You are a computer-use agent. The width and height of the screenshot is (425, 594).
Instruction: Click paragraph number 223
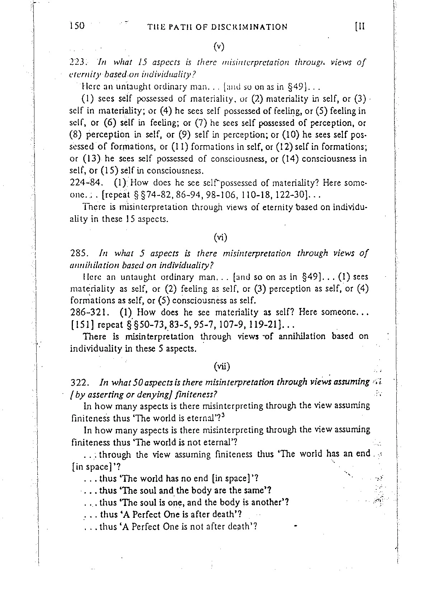click(77, 63)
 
